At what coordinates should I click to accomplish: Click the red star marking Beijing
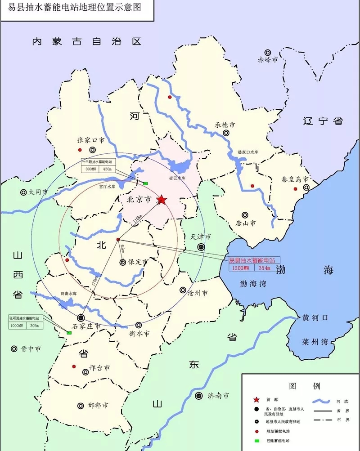coord(162,200)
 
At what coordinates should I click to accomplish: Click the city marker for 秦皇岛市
coord(306,188)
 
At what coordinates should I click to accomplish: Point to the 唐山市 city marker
coord(245,215)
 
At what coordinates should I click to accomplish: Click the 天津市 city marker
coord(202,247)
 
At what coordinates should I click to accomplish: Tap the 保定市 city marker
coord(123,262)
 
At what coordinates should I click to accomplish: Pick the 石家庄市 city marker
coord(81,317)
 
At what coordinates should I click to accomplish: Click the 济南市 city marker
coord(199,396)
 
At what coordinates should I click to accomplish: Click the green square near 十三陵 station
coord(145,183)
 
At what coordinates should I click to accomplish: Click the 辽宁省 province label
coord(323,121)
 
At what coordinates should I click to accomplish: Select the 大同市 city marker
coord(23,192)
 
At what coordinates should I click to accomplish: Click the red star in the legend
coord(256,399)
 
